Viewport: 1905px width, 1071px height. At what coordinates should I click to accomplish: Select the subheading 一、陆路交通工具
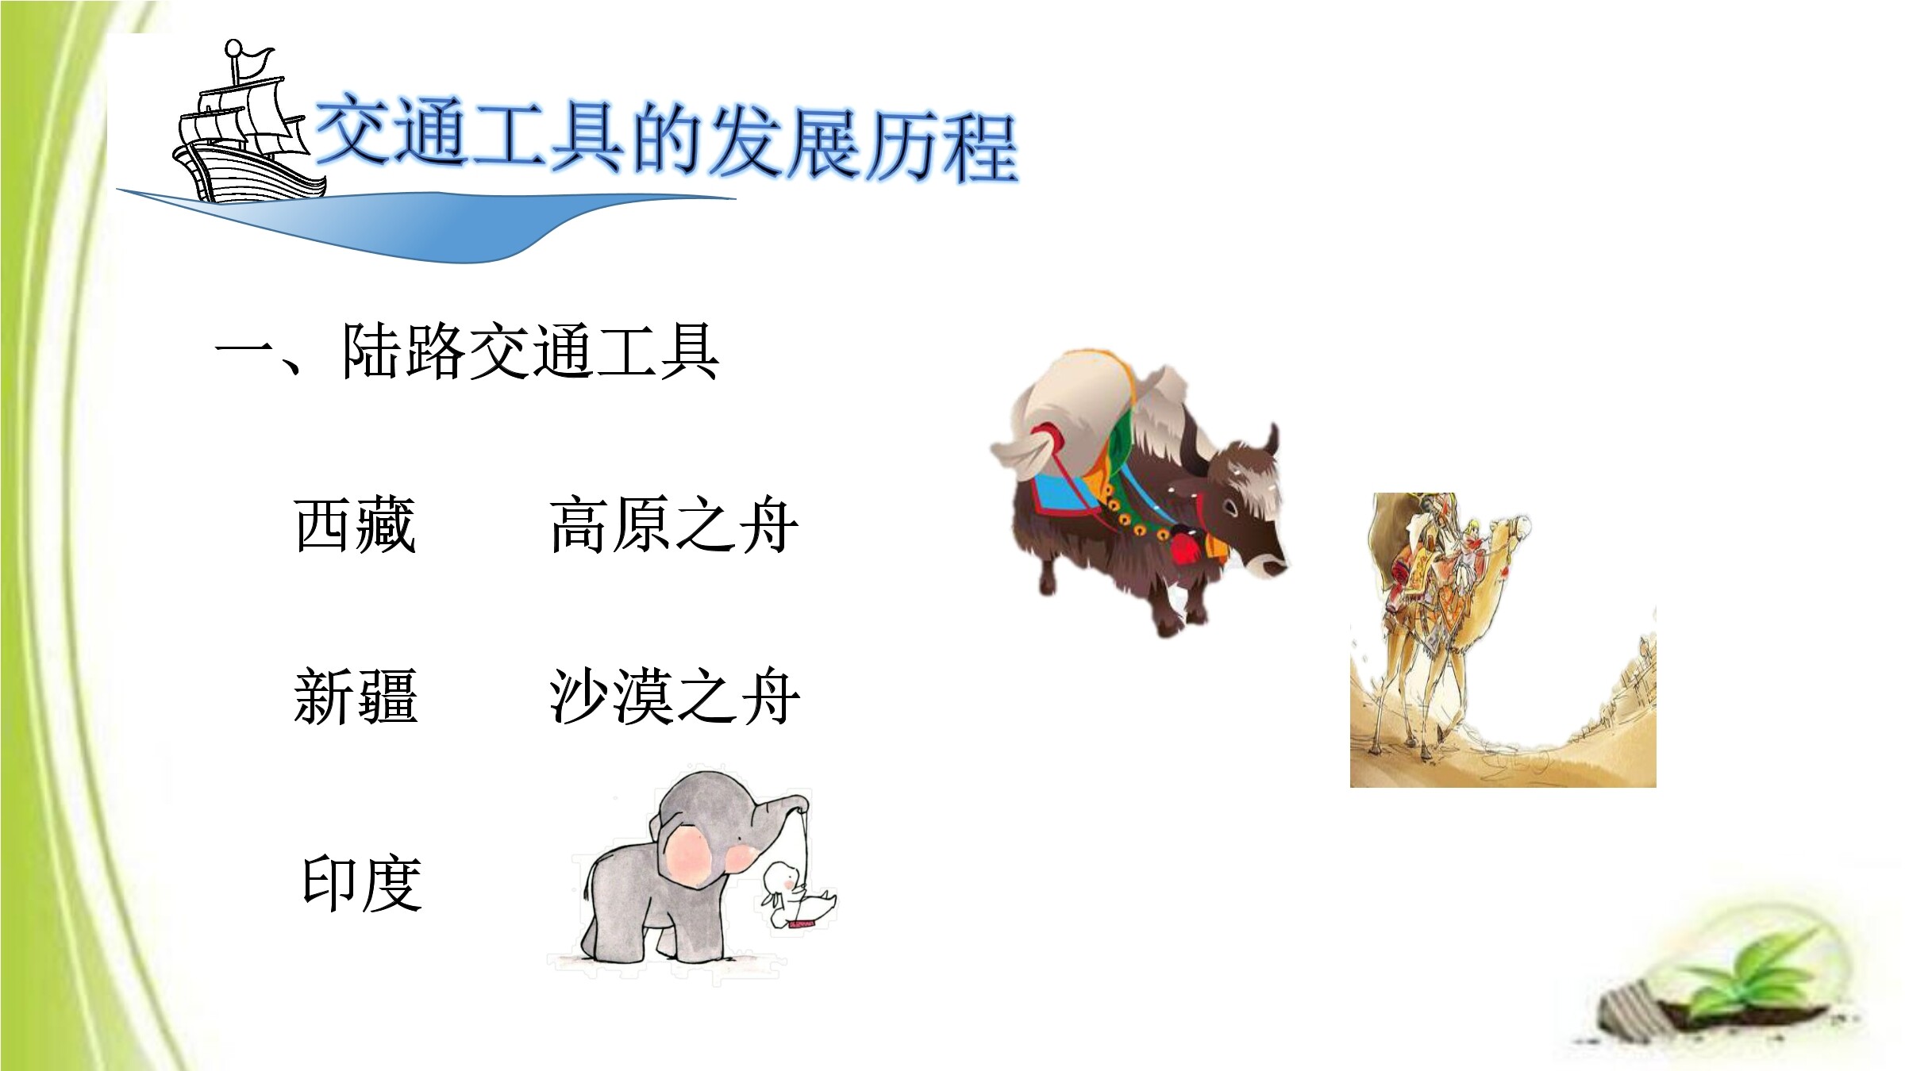[468, 351]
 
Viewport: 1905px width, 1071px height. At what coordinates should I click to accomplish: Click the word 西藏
[355, 524]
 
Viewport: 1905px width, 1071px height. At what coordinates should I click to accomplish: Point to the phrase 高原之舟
[674, 524]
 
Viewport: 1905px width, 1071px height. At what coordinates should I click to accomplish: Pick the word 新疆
[355, 697]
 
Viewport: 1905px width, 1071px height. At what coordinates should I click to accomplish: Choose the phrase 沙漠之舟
[674, 697]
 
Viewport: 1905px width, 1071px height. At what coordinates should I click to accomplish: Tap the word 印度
[361, 883]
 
